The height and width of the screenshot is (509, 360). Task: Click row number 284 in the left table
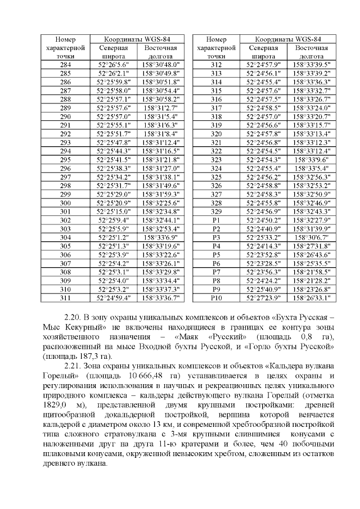point(65,65)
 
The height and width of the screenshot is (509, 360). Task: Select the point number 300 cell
point(65,202)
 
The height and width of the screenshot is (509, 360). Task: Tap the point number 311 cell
point(65,298)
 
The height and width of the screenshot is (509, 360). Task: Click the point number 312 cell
point(216,65)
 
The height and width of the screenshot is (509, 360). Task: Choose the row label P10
point(216,298)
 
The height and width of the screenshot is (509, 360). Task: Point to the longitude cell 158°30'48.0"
point(160,65)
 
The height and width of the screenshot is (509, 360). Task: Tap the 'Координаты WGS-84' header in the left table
point(137,39)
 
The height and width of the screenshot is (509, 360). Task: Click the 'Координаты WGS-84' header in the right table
point(288,39)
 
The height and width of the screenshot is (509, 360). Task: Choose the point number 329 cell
point(216,211)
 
